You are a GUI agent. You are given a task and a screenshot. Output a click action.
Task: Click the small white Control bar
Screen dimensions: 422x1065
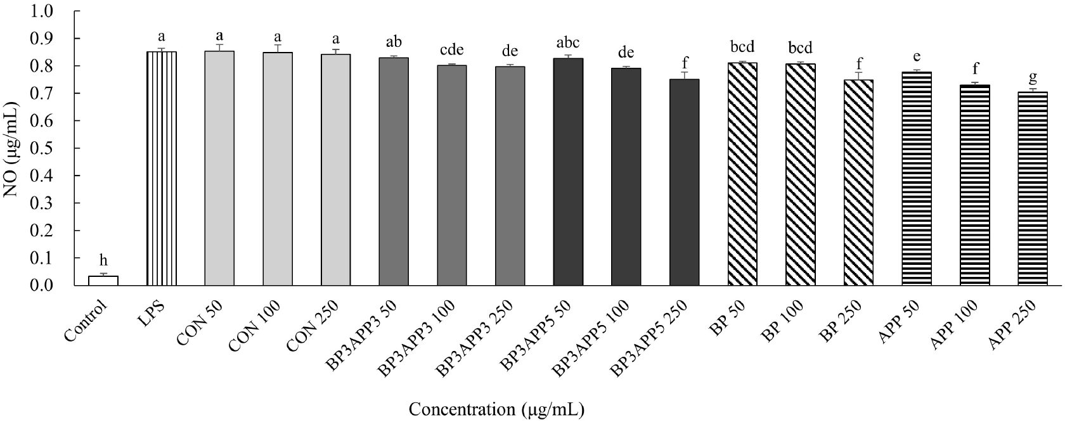click(x=103, y=281)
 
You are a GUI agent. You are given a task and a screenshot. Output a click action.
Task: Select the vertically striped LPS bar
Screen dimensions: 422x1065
click(x=162, y=169)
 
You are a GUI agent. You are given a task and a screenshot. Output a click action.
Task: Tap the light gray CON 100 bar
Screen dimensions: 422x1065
click(x=278, y=169)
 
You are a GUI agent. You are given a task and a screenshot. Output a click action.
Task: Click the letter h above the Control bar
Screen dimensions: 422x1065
click(x=103, y=260)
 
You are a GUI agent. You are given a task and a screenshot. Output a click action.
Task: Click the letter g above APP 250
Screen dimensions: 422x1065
click(x=1033, y=77)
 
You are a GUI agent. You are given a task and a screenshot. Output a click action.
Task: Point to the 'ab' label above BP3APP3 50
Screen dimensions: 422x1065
click(x=394, y=42)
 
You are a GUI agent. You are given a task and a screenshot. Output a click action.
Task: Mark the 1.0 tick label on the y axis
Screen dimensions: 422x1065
click(x=56, y=11)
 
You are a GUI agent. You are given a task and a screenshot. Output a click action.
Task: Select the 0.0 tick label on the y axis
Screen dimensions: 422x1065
click(x=56, y=286)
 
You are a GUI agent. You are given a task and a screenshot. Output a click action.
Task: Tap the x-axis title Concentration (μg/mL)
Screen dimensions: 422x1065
click(x=496, y=409)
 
